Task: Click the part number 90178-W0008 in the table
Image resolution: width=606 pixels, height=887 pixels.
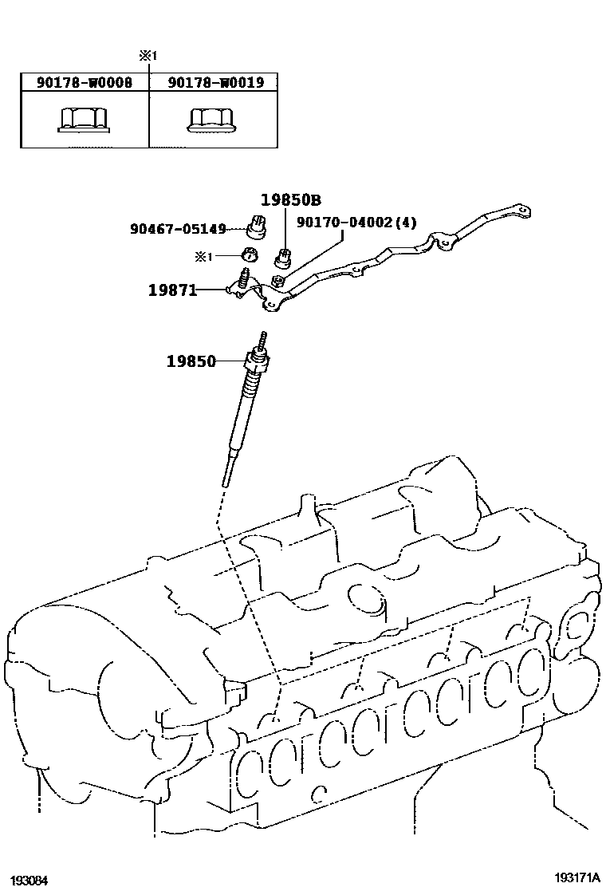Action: [x=85, y=82]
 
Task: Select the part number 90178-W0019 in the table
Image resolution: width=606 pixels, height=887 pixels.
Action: [x=214, y=82]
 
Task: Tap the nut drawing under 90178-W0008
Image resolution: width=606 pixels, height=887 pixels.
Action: [x=84, y=120]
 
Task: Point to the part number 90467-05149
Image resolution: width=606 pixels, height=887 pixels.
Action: [x=178, y=229]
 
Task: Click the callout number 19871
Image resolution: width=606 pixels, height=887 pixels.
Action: [x=172, y=290]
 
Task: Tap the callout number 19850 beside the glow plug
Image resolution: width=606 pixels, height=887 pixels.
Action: [x=191, y=361]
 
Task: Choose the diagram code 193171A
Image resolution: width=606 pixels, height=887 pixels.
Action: [x=577, y=877]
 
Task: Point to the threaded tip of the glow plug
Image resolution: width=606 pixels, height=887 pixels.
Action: [x=262, y=338]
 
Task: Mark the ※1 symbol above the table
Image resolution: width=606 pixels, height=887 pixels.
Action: [x=148, y=57]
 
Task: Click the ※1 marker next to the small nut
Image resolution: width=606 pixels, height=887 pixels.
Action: [x=205, y=256]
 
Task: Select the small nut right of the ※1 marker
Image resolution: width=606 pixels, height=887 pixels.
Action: [x=249, y=255]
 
